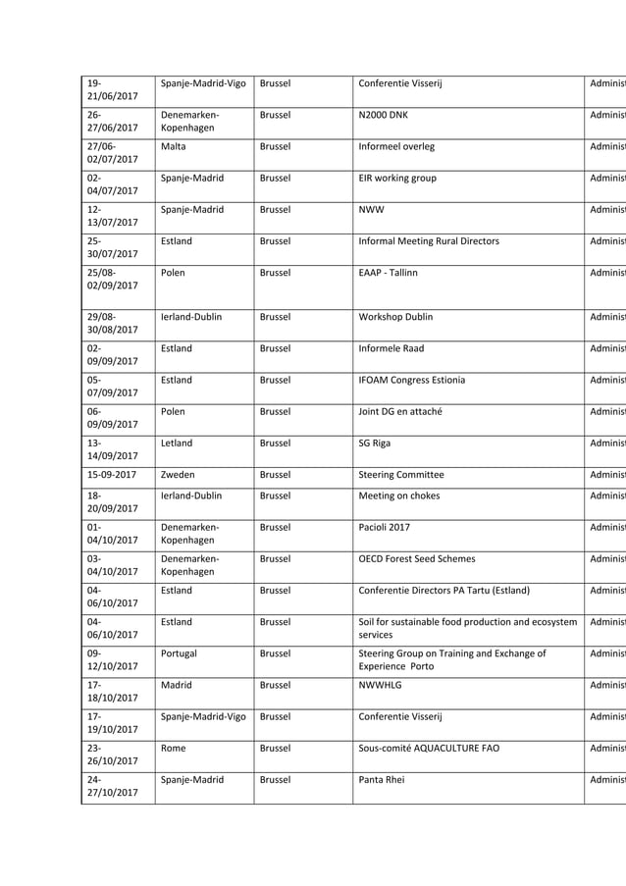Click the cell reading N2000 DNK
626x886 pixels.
(384, 115)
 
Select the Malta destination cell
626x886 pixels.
(174, 146)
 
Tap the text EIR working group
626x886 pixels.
(397, 179)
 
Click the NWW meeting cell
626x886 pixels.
(372, 210)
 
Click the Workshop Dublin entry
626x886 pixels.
(396, 317)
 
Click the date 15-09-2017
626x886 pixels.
(111, 475)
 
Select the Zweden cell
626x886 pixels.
(178, 475)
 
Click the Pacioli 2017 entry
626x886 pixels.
(385, 527)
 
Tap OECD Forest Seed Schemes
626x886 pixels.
(417, 559)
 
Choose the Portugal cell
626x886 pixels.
(180, 653)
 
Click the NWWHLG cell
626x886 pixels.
(381, 685)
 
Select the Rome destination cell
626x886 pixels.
(175, 749)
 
